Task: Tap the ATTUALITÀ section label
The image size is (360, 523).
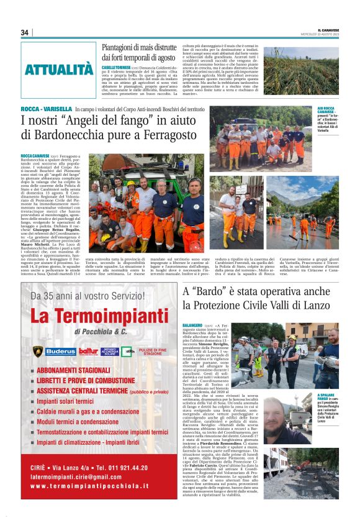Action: (59, 70)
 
